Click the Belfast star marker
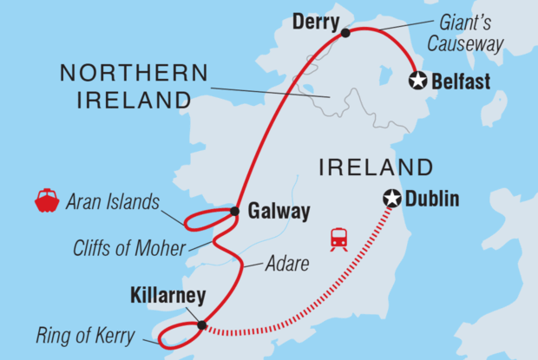pos(419,82)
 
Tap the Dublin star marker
pos(393,200)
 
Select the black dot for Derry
pos(345,33)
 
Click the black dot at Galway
pos(234,211)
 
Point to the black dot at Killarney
pos(202,326)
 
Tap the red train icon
pos(338,238)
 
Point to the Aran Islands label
pos(113,203)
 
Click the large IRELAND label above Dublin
pos(375,167)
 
